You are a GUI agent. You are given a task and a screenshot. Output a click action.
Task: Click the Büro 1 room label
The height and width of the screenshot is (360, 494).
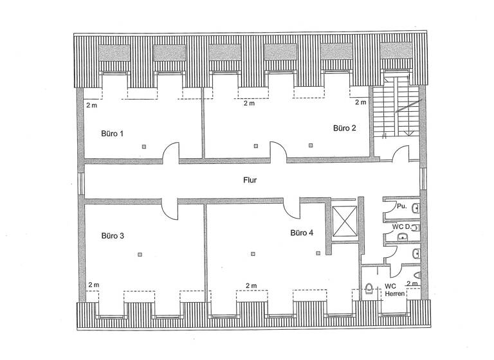click(112, 134)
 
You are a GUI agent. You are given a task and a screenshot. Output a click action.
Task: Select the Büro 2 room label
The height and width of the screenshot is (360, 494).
click(344, 128)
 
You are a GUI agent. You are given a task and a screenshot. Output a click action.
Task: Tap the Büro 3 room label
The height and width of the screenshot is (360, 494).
click(112, 236)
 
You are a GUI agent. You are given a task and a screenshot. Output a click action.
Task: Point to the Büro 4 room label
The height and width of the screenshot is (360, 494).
click(301, 233)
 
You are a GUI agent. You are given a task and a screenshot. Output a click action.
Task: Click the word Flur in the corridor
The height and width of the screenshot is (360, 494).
click(250, 181)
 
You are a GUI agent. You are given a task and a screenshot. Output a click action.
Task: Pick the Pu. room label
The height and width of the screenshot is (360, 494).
click(401, 206)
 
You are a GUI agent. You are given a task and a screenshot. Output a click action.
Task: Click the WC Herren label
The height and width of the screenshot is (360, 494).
click(395, 290)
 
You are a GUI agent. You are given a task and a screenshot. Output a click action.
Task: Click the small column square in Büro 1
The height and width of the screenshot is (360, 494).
click(145, 147)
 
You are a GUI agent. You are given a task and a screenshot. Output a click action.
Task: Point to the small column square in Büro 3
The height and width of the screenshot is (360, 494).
click(139, 255)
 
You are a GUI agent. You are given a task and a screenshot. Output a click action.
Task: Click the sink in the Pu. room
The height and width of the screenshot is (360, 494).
click(417, 207)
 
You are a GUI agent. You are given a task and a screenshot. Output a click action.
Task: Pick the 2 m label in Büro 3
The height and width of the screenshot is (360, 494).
click(94, 285)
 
